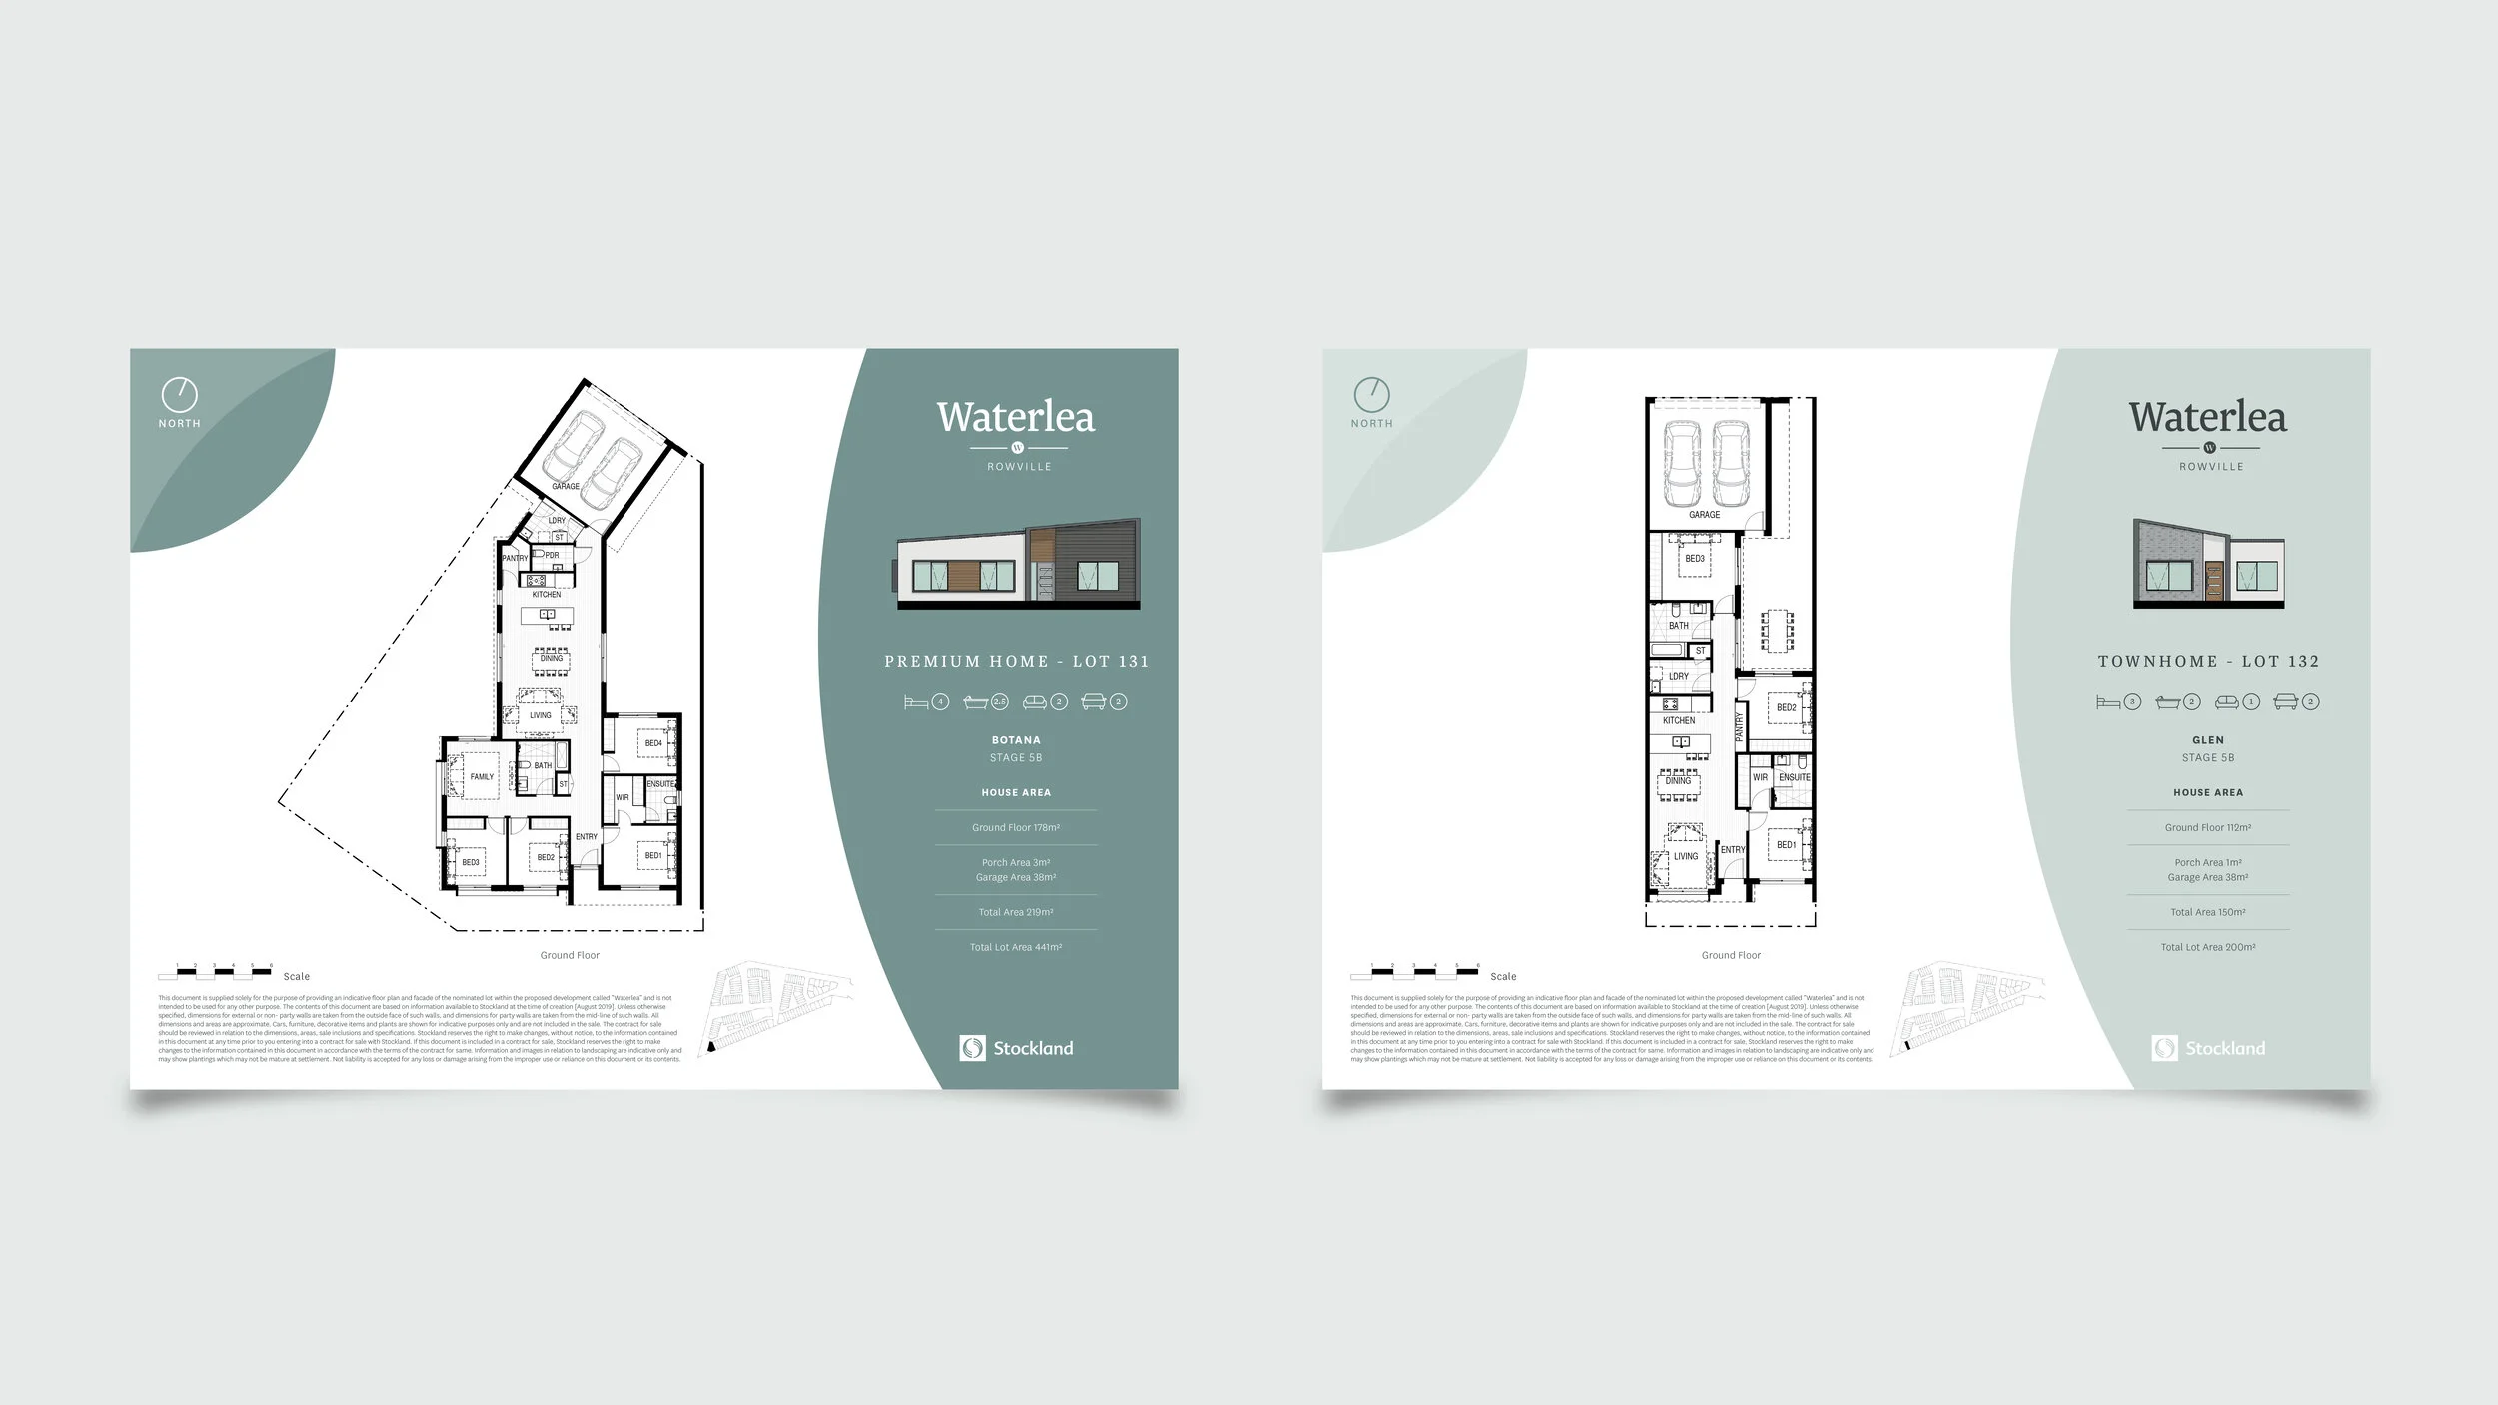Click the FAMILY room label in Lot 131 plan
pos(482,776)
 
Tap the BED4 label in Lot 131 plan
pos(653,743)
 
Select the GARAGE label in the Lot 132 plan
pos(1704,515)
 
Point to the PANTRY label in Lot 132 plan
pos(1740,725)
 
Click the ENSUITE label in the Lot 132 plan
pos(1795,777)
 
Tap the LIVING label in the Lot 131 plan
pos(540,715)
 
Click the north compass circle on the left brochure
pos(179,395)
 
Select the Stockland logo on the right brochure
pos(2207,1048)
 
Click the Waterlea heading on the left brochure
pos(1015,417)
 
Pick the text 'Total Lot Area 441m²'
pos(1015,947)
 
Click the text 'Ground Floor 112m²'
pos(2207,827)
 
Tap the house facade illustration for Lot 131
pos(1018,565)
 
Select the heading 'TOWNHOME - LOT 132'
pos(2207,661)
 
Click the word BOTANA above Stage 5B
pos(1015,740)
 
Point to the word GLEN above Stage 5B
pos(2207,740)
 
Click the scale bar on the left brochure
pos(215,972)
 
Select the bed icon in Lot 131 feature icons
pos(915,702)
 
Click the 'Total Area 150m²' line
pos(2207,912)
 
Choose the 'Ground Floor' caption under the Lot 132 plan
pos(1731,955)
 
